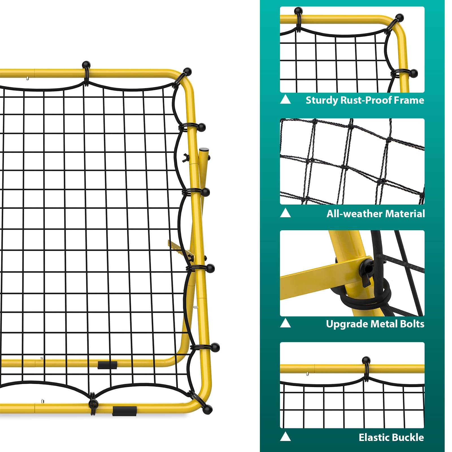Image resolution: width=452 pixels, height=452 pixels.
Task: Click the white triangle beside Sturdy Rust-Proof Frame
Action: pos(285,99)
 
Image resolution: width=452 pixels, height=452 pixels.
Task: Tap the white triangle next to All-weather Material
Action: pos(285,213)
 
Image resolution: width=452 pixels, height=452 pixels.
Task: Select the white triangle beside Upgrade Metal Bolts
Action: pos(285,323)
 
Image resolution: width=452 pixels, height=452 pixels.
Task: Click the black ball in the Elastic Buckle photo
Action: pos(366,360)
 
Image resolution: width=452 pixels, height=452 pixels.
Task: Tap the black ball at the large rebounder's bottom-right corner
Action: pos(208,409)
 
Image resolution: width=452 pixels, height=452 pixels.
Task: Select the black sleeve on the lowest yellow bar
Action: pos(125,411)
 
